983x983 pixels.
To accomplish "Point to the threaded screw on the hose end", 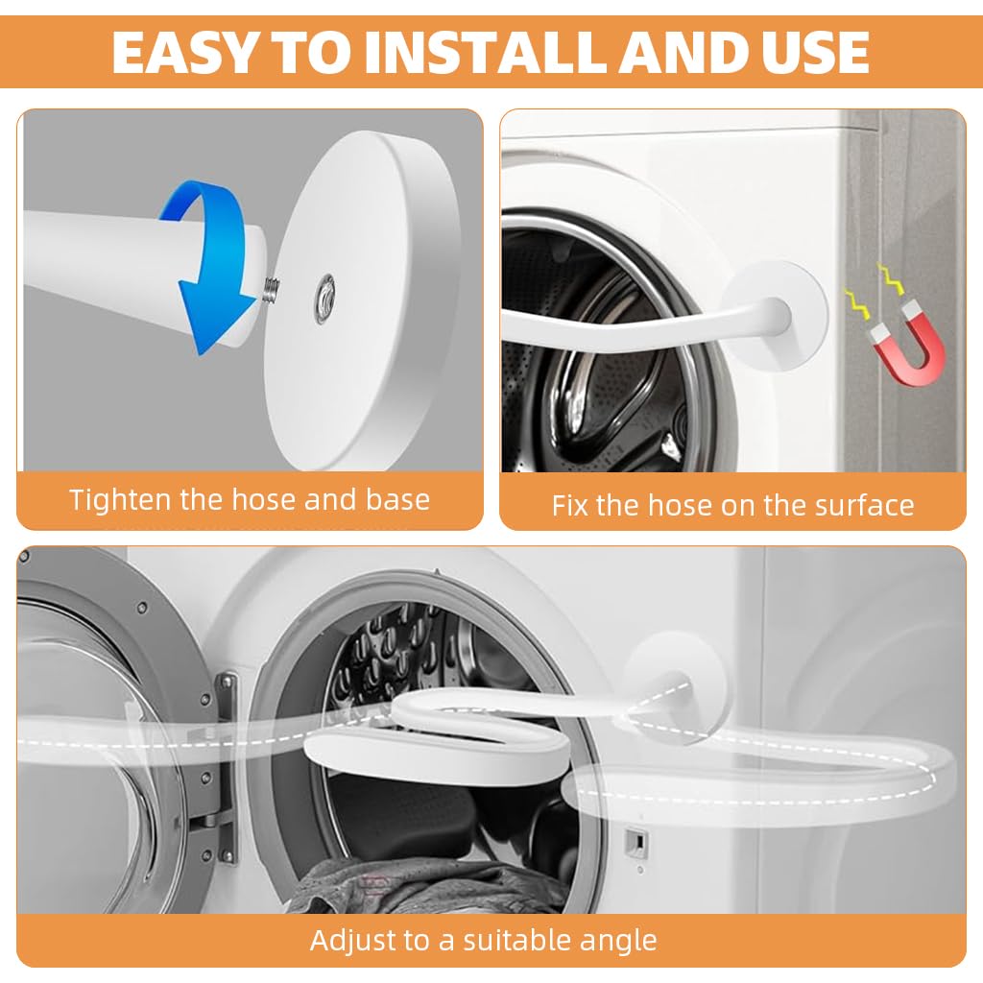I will tap(271, 289).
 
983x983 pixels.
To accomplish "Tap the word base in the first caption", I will tap(397, 500).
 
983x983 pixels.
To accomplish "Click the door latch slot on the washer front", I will tap(633, 842).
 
